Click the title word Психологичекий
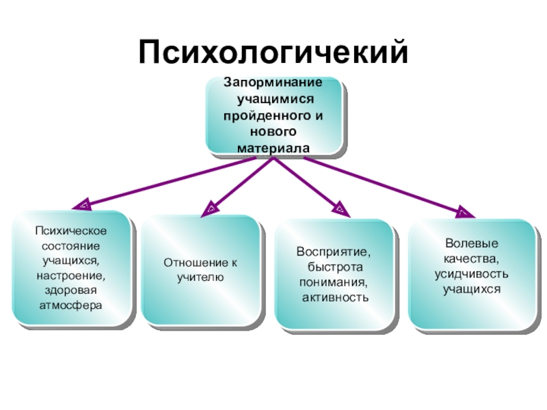pyautogui.click(x=273, y=52)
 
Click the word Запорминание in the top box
pyautogui.click(x=273, y=82)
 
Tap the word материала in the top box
pyautogui.click(x=273, y=147)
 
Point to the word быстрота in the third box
pyautogui.click(x=334, y=267)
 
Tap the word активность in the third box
pyautogui.click(x=335, y=297)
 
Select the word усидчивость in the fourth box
pyautogui.click(x=471, y=274)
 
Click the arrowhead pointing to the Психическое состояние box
pyautogui.click(x=83, y=204)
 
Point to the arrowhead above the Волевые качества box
pyautogui.click(x=463, y=212)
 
